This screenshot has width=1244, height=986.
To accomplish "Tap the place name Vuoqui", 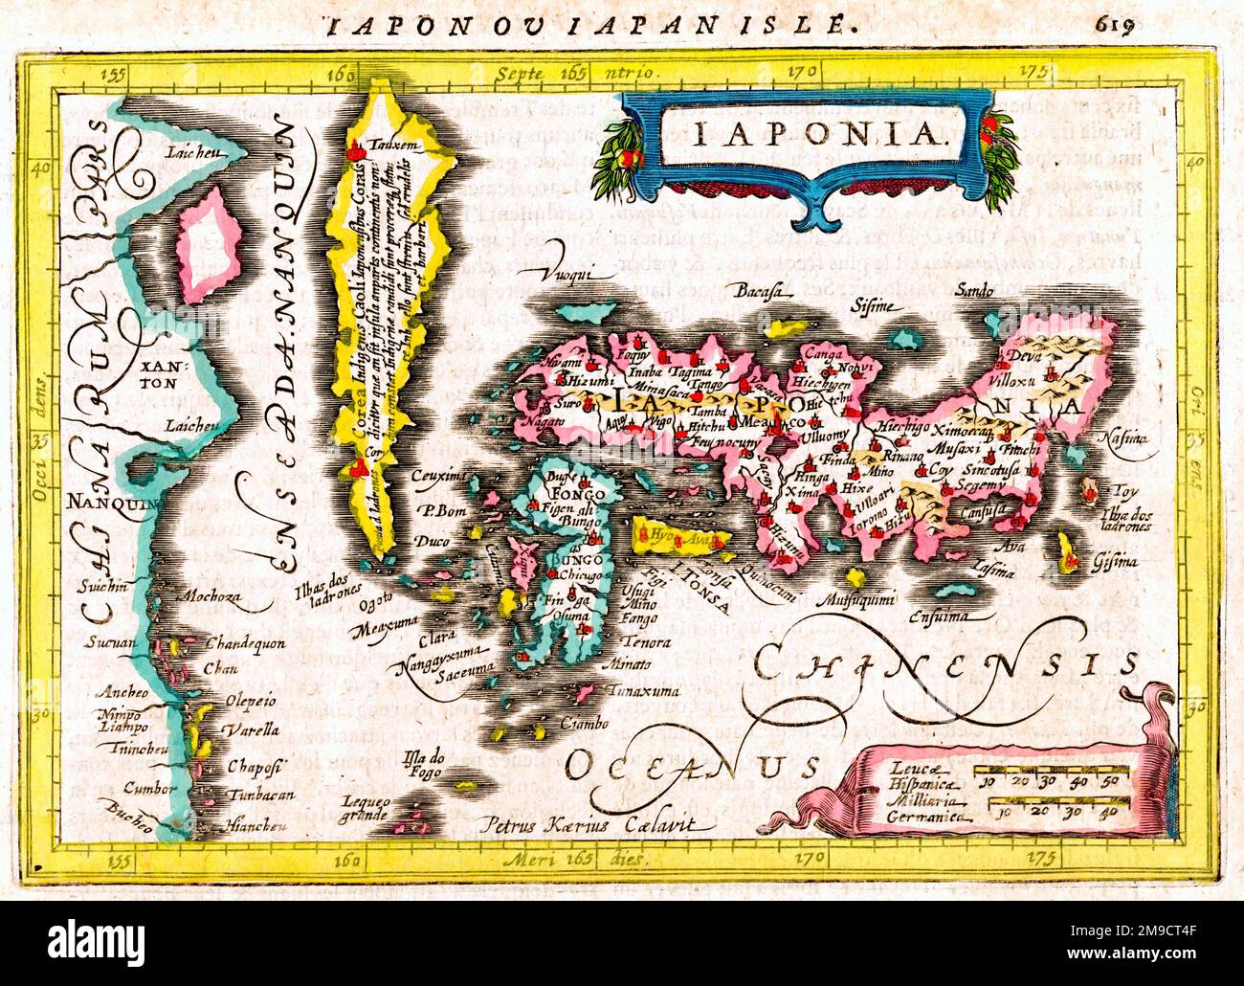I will click(571, 276).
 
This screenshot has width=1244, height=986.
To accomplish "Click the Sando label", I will click(972, 289).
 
